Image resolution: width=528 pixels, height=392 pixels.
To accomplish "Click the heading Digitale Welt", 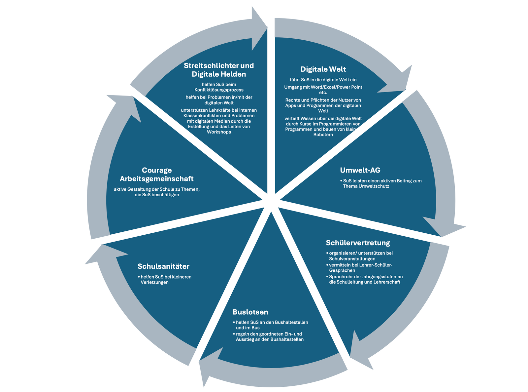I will (x=323, y=69).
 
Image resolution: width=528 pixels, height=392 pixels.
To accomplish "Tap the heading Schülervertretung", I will (x=358, y=243).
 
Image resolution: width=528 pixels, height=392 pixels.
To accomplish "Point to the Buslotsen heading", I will (x=250, y=312).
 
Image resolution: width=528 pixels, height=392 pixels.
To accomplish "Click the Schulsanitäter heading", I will (x=163, y=266).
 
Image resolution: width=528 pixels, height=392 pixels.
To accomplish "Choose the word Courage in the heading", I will (x=157, y=170).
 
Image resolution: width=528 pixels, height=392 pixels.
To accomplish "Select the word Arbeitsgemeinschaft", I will (x=156, y=179).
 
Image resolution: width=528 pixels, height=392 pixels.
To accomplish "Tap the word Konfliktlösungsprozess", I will (x=219, y=90).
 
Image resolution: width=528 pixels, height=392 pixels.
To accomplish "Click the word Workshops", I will (x=219, y=132).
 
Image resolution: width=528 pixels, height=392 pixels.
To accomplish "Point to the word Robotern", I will (x=323, y=135).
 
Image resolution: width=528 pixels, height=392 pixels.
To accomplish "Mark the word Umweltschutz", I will (x=375, y=186).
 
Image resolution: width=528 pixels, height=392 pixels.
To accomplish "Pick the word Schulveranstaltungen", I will (x=352, y=259).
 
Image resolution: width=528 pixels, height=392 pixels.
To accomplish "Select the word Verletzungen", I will (x=154, y=282).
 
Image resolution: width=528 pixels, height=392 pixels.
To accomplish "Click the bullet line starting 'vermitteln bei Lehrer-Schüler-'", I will (x=360, y=265).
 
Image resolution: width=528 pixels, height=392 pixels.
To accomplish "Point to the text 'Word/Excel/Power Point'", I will (x=336, y=87).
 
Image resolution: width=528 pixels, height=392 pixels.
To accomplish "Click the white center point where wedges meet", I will (x=271, y=201).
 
